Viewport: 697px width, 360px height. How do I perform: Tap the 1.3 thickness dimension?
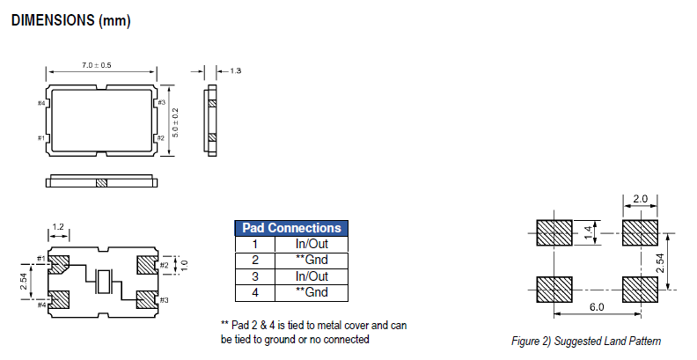click(x=236, y=70)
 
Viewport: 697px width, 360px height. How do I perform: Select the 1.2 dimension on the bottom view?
click(x=58, y=227)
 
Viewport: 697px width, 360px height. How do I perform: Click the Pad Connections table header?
click(x=291, y=228)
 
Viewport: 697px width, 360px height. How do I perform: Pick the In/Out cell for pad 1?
click(x=312, y=244)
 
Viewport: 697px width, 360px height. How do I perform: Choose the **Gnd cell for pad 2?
click(x=312, y=260)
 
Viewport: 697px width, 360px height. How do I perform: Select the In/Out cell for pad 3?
click(x=312, y=276)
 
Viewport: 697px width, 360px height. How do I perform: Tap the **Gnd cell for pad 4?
click(x=312, y=291)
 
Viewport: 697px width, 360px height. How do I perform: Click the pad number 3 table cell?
click(x=254, y=276)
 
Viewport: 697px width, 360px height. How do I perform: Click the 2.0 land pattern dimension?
click(x=640, y=199)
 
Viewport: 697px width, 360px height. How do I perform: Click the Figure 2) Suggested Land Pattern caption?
click(x=586, y=342)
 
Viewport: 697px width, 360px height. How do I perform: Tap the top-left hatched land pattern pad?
click(x=554, y=232)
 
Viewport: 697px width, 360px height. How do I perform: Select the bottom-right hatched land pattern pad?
click(x=639, y=290)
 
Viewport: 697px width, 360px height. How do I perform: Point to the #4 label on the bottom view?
click(x=40, y=305)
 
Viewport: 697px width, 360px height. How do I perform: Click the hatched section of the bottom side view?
click(x=101, y=183)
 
